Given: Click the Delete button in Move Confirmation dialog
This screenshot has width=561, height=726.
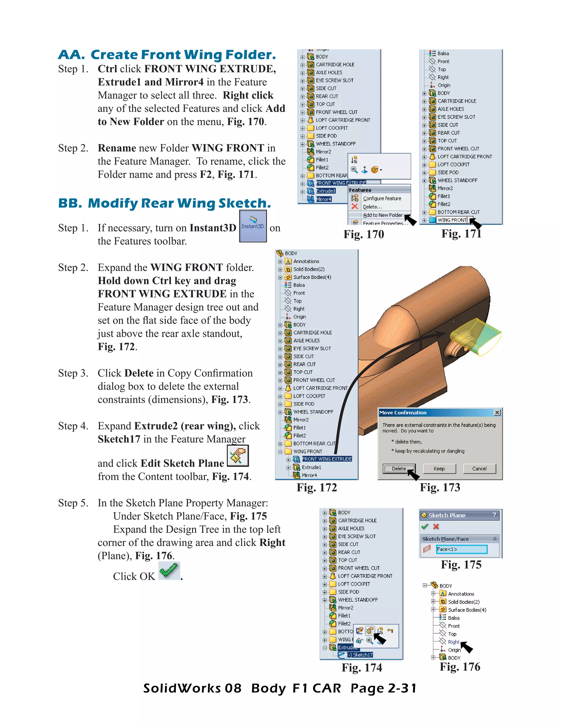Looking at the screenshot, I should (x=399, y=468).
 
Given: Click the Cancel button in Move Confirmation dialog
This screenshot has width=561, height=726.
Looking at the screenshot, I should (x=479, y=468).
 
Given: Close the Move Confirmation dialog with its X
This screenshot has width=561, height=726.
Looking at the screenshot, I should (x=497, y=413).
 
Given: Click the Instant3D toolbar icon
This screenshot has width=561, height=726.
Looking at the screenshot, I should (x=253, y=226).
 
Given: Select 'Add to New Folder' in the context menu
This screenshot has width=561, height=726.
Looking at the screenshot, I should (x=382, y=215).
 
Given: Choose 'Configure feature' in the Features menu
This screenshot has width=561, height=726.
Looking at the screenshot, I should (x=382, y=198).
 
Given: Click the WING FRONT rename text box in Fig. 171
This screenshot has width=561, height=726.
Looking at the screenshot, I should (x=452, y=220).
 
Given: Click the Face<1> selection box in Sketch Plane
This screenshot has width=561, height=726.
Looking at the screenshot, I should (x=461, y=549).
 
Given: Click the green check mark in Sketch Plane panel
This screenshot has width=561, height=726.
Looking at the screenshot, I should (x=424, y=527).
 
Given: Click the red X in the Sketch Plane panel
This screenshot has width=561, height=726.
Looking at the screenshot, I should (x=436, y=527).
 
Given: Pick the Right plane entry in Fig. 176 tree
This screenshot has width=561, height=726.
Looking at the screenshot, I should (x=453, y=642).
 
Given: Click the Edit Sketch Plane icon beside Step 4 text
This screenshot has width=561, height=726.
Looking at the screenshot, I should (x=237, y=455).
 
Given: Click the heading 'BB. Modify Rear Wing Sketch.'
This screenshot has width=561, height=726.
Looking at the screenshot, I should (x=165, y=203).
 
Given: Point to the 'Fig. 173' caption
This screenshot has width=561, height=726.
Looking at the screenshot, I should (x=440, y=487).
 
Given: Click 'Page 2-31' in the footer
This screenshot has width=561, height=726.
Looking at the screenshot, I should (x=383, y=688).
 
